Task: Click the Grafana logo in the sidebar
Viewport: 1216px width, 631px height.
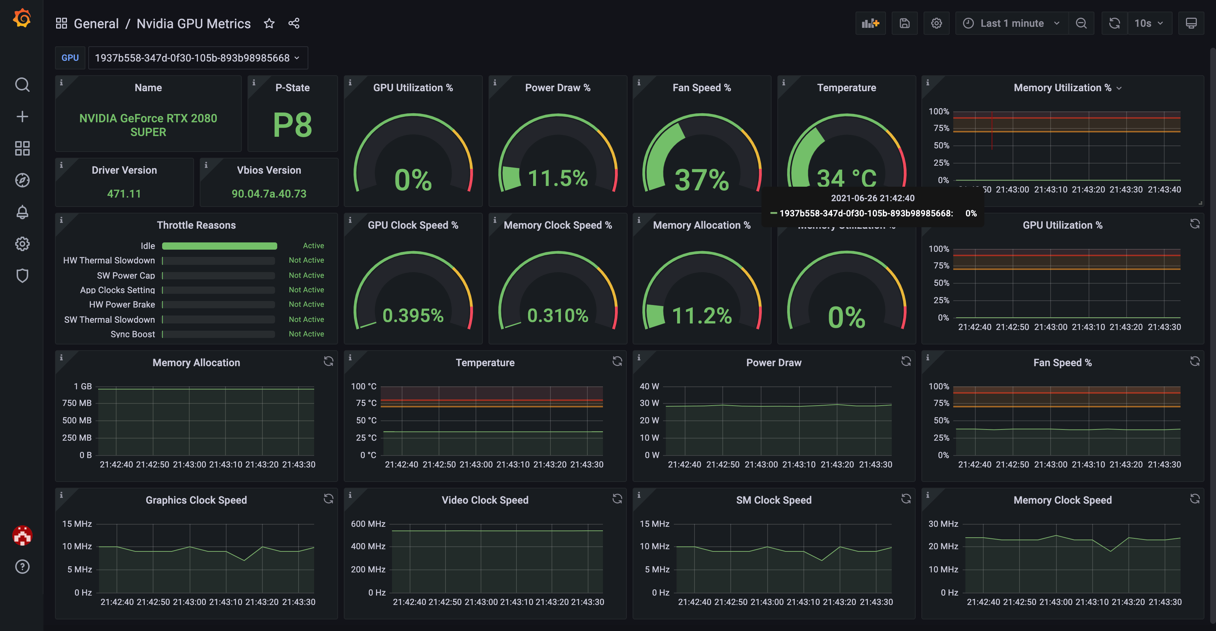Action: (22, 18)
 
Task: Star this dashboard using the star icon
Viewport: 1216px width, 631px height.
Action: (269, 23)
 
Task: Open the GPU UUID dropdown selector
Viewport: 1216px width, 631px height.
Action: (197, 58)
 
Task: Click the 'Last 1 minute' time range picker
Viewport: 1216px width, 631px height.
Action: (1012, 23)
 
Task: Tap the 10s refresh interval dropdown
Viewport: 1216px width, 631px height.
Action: (1148, 23)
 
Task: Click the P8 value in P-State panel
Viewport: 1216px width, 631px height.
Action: (292, 125)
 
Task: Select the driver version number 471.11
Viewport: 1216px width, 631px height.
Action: (124, 194)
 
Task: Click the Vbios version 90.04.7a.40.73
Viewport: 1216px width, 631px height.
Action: (269, 194)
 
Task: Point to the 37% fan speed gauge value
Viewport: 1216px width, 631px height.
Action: (701, 180)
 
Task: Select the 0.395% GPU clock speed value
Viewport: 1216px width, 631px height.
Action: (413, 315)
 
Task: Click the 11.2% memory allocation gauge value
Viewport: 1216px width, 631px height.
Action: (701, 315)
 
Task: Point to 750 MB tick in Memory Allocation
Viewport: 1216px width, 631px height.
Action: (77, 403)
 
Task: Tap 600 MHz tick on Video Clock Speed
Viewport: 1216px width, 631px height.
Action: (368, 524)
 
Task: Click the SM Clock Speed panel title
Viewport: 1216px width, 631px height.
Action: (773, 500)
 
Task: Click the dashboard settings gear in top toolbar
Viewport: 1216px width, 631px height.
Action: (936, 23)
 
